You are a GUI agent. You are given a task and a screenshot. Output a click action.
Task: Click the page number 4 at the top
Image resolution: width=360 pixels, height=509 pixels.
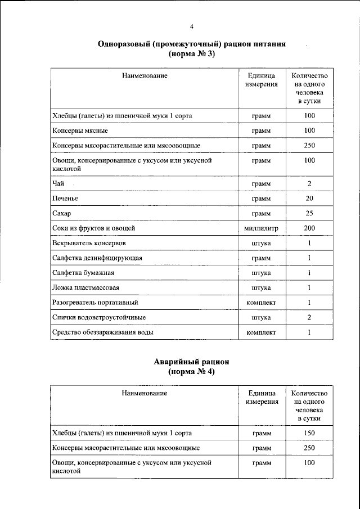(x=191, y=26)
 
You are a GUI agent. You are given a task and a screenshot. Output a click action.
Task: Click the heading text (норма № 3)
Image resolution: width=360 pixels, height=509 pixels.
(x=191, y=55)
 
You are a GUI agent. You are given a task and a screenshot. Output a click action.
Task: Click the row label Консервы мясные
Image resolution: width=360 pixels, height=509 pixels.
(x=80, y=130)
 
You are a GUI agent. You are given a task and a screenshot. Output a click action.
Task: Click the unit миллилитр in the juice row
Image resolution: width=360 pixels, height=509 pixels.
(x=262, y=228)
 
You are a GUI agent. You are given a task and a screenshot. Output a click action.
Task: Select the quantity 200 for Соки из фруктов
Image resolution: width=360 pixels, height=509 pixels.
(x=309, y=228)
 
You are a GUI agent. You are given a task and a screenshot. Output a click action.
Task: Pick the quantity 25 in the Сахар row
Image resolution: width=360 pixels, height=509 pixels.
(x=309, y=214)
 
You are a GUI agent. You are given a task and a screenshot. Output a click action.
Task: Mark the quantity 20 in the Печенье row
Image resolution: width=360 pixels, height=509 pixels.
(x=309, y=199)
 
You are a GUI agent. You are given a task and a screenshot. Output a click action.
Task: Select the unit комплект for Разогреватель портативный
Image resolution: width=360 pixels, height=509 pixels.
(x=262, y=303)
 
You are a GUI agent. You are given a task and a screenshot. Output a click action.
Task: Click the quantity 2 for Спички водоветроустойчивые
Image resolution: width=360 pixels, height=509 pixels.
(x=309, y=317)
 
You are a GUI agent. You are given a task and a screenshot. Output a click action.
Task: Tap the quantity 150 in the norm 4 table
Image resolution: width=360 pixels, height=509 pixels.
(x=309, y=433)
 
